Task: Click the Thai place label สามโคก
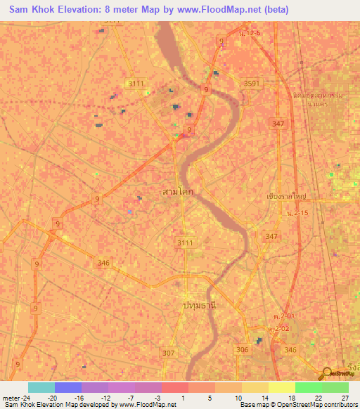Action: [x=178, y=190]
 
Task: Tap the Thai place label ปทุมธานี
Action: [x=198, y=306]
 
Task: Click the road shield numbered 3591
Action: [x=252, y=83]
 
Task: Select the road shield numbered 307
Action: [x=169, y=353]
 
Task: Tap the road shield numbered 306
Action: [x=242, y=349]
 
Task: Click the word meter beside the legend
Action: [x=11, y=398]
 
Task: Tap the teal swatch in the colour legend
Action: [x=41, y=387]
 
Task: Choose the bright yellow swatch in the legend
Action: [x=281, y=387]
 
